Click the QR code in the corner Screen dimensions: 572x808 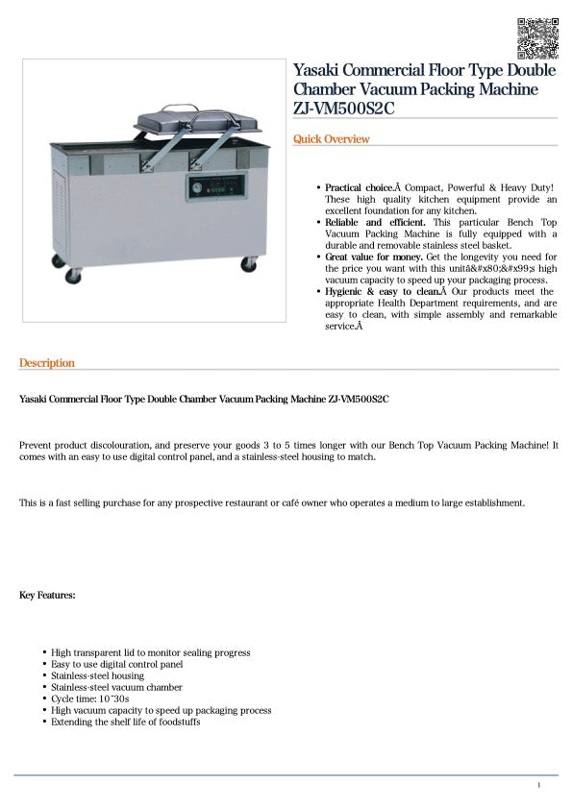537,37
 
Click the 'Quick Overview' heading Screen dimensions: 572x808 332,139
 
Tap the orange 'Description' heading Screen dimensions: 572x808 47,363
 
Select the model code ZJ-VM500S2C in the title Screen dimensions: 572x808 344,108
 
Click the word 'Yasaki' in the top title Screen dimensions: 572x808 320,70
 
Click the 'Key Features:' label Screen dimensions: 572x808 47,596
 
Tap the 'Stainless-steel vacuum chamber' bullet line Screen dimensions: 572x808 116,688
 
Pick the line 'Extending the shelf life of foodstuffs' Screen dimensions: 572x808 126,722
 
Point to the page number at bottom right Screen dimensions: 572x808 539,786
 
